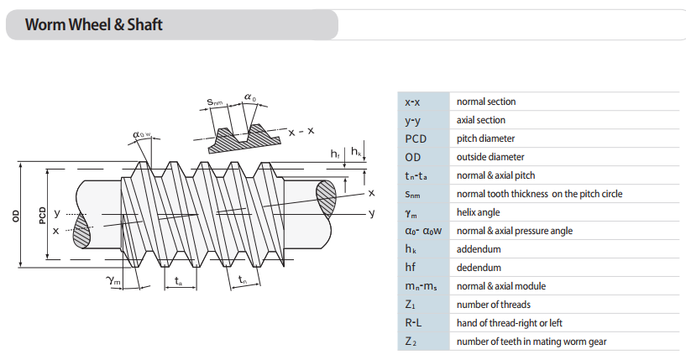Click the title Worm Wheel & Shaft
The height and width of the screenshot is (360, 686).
point(93,24)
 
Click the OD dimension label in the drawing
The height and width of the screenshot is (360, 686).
point(16,216)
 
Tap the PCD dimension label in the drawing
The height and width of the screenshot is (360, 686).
point(41,216)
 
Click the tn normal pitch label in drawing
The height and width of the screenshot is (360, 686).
point(242,280)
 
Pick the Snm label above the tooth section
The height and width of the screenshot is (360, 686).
point(216,102)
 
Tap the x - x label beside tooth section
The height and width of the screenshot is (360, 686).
point(301,132)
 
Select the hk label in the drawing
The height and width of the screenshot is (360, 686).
point(357,153)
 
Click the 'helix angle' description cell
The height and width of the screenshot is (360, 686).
point(480,212)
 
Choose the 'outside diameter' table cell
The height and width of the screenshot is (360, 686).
point(490,157)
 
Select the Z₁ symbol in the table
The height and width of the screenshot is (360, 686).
point(410,305)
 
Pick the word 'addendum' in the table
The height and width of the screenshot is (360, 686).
point(478,249)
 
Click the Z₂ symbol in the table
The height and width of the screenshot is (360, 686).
point(410,342)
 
